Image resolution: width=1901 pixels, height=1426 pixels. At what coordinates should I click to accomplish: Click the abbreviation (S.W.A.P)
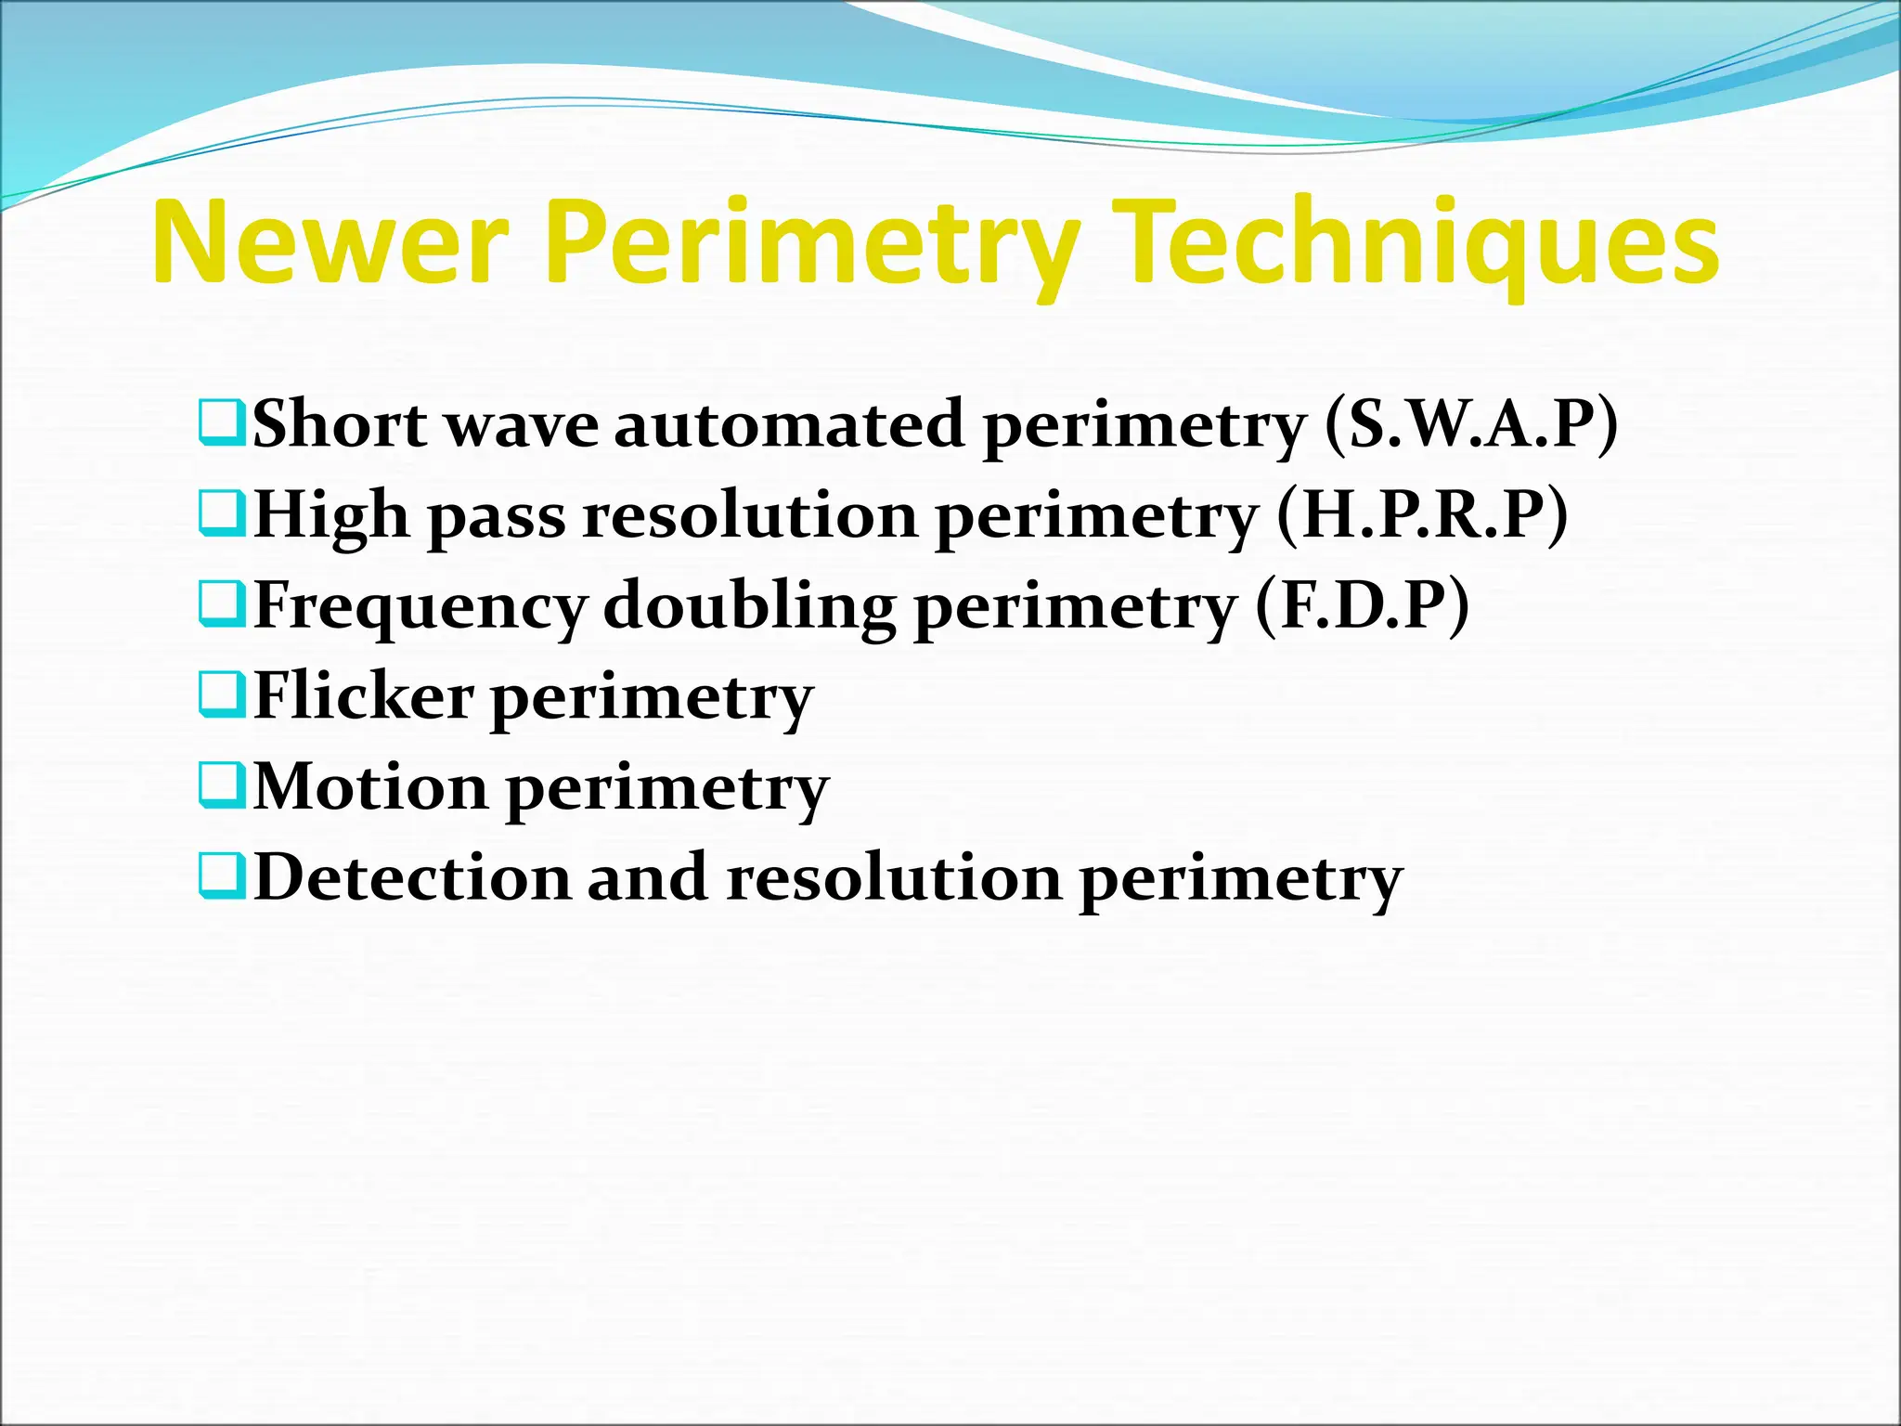[1472, 424]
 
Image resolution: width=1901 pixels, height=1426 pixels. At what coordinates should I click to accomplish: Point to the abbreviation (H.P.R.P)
[1423, 514]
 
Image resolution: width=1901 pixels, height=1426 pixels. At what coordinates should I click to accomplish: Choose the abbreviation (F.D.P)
[1363, 605]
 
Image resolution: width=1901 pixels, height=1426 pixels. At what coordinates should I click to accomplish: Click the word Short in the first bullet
[340, 424]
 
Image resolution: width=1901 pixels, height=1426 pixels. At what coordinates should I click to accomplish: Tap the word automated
[789, 424]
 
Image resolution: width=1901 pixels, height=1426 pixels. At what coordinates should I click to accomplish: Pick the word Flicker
[364, 696]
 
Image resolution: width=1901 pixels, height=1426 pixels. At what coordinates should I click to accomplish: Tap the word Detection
[411, 877]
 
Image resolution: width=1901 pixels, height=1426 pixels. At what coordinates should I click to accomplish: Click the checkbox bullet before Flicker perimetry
[222, 696]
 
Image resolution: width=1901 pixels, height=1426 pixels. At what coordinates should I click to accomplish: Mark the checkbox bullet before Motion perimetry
[222, 786]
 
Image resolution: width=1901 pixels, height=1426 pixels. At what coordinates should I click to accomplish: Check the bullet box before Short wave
[222, 423]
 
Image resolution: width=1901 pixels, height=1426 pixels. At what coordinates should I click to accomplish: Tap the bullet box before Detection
[222, 876]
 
